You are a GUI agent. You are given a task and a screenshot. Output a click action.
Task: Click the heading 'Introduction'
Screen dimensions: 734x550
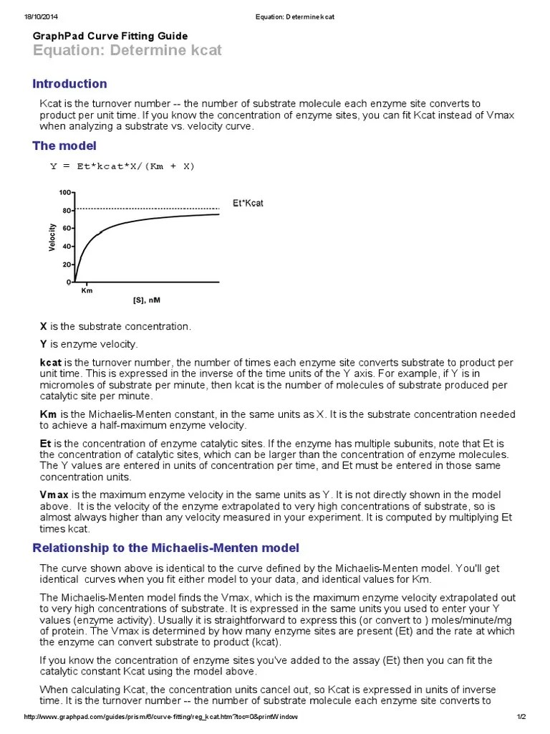tap(69, 84)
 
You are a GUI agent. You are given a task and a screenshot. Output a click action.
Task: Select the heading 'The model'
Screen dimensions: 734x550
tap(65, 146)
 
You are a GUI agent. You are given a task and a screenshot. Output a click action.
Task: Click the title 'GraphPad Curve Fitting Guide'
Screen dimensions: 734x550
tap(110, 36)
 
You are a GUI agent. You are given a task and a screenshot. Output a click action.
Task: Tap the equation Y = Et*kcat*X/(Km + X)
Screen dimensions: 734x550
tap(122, 166)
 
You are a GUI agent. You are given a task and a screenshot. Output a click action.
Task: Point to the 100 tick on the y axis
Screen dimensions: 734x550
tap(65, 193)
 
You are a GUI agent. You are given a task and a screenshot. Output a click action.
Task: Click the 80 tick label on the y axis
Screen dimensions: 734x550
tap(67, 211)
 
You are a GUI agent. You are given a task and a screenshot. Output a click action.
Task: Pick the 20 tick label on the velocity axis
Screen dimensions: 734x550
tap(67, 264)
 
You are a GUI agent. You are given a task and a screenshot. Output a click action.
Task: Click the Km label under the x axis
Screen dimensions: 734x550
tap(87, 291)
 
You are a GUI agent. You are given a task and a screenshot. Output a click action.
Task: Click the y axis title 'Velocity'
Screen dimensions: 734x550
tap(52, 237)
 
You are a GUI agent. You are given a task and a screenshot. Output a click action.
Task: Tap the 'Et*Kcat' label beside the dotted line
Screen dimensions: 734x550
tap(248, 204)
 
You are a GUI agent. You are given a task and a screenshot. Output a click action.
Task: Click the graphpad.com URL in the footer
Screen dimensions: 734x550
tap(160, 718)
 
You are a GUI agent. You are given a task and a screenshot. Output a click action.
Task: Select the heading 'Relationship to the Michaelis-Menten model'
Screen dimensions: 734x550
tap(165, 548)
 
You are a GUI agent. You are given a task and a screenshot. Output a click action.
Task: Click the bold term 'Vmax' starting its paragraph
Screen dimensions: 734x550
tap(54, 495)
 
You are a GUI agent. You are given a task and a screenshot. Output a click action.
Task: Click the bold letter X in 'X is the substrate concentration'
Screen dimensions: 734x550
tap(43, 326)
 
